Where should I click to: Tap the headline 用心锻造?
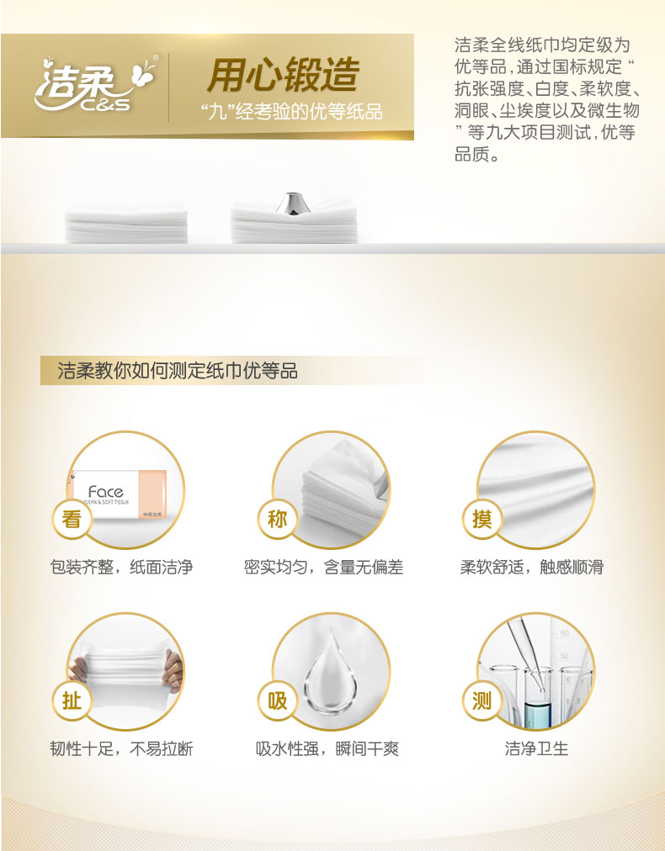283,75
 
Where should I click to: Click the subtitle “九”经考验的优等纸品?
291,111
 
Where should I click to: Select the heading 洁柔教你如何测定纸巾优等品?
178,371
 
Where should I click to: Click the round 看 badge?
72,520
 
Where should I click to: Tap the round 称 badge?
277,520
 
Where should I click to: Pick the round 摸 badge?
482,520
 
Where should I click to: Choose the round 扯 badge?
72,701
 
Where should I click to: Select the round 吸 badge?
277,701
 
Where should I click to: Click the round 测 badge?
482,701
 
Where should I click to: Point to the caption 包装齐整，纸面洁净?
122,567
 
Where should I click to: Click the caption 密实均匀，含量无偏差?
324,567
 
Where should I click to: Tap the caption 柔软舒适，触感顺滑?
532,567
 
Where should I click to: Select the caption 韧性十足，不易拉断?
122,749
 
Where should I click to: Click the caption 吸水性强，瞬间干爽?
327,749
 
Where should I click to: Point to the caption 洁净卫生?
537,749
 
